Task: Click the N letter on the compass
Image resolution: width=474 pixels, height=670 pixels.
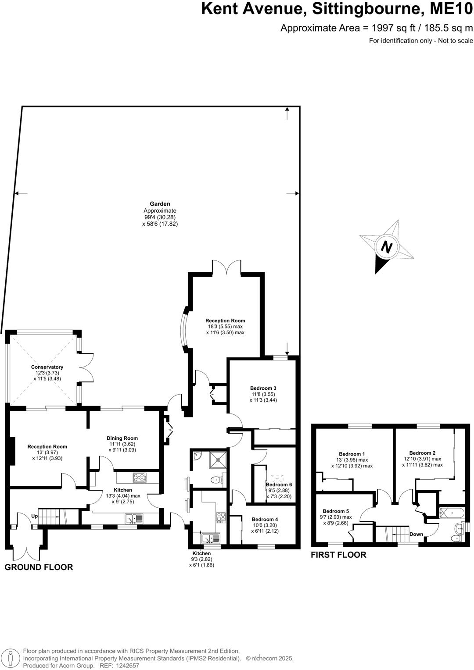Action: coord(386,246)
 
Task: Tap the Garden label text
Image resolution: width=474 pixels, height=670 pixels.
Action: coord(160,204)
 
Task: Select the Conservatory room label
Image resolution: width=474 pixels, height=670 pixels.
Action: coord(47,367)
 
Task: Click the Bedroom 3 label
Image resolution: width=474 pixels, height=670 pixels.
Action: coord(263,388)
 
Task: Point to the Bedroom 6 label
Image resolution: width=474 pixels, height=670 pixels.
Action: coord(279,485)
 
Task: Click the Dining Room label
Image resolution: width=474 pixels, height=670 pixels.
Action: coord(122,438)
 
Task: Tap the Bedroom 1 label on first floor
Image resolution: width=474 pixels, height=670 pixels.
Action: coord(352,454)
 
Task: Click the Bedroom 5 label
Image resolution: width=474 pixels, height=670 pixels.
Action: coord(336,511)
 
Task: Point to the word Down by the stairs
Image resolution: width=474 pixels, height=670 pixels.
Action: coord(416,534)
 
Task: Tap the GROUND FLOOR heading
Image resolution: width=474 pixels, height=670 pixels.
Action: coord(39,567)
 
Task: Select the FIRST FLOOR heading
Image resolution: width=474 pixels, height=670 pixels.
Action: coord(338,555)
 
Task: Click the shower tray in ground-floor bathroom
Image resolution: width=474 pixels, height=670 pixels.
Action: coord(218,458)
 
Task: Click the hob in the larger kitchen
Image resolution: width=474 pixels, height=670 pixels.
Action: coord(140,477)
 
